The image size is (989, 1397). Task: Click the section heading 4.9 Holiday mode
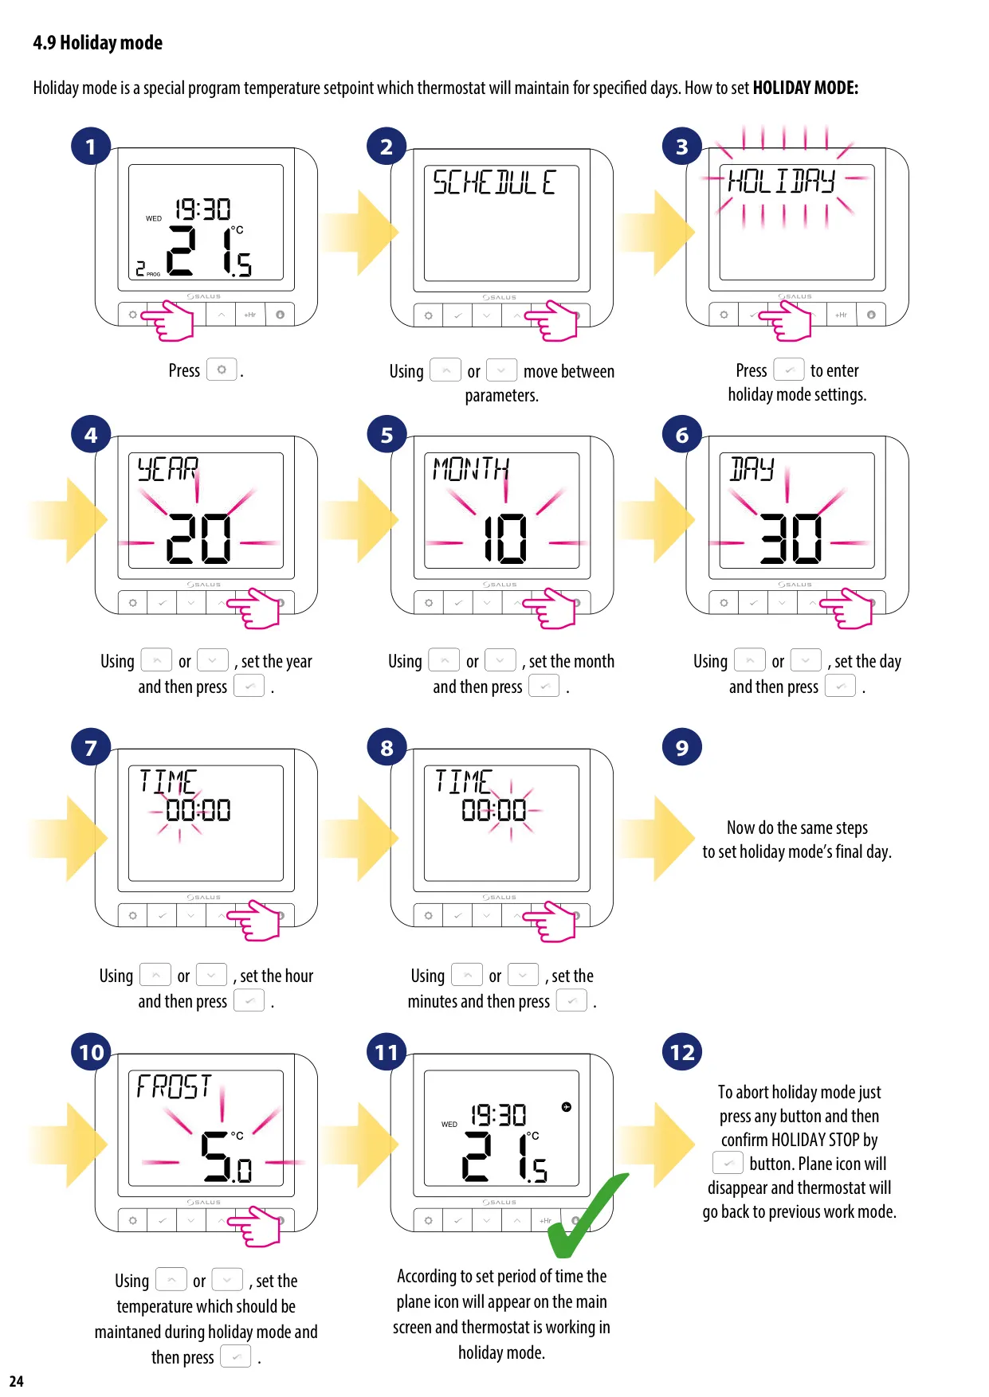point(97,43)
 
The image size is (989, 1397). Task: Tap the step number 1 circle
point(91,147)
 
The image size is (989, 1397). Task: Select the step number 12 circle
point(682,1052)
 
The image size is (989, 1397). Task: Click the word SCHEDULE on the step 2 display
point(494,182)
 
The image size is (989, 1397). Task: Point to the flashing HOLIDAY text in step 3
point(782,181)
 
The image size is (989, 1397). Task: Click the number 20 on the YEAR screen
point(199,538)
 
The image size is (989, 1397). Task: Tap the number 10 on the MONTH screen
point(506,538)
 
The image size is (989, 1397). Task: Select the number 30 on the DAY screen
point(791,538)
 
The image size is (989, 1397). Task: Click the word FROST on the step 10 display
point(174,1086)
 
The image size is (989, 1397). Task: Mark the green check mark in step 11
point(588,1216)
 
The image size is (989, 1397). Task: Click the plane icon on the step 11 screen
point(566,1106)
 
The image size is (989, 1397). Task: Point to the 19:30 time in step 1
point(202,209)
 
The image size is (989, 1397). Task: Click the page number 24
point(17,1381)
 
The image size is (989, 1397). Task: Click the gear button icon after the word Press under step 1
point(222,370)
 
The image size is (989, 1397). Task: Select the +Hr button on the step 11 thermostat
point(546,1220)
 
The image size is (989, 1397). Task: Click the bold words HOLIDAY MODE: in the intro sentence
point(806,88)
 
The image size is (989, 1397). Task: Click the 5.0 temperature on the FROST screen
point(226,1157)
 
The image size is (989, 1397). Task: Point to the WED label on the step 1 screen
point(154,218)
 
